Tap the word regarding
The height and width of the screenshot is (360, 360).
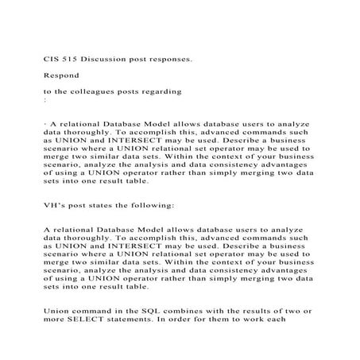pos(162,92)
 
